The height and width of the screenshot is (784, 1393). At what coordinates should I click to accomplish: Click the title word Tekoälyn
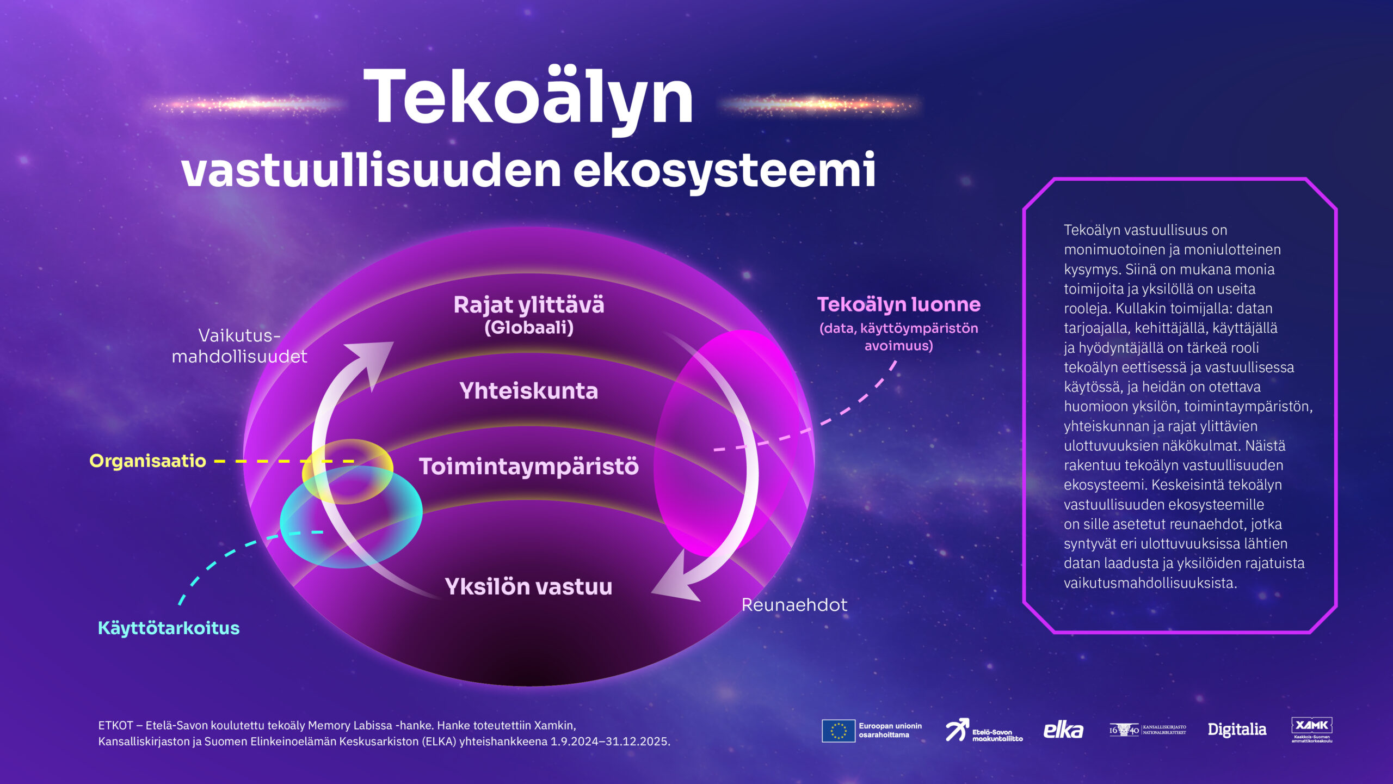(x=528, y=98)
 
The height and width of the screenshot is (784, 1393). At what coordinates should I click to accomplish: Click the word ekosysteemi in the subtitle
(x=724, y=170)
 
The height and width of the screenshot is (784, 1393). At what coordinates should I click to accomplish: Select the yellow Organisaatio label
(x=147, y=461)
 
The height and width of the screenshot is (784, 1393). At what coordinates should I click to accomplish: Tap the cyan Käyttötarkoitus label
(x=169, y=628)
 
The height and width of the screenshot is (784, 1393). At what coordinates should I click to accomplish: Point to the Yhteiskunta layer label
(x=528, y=391)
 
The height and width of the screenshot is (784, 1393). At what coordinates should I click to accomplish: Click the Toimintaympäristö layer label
(x=528, y=467)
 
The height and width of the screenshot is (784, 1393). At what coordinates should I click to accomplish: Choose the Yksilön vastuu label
(x=528, y=586)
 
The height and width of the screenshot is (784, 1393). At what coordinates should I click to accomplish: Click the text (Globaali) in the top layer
(x=528, y=328)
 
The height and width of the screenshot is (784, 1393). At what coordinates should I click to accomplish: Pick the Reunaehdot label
(x=794, y=605)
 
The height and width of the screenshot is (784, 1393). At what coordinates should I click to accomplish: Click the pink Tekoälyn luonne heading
(x=898, y=304)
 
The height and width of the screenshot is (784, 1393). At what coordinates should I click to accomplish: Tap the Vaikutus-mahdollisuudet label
(x=239, y=346)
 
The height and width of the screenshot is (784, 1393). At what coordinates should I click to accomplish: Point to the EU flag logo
(x=838, y=731)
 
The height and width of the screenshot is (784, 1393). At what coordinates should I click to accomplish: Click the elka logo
(x=1063, y=731)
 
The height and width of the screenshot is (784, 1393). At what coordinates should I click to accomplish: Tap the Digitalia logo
(x=1237, y=730)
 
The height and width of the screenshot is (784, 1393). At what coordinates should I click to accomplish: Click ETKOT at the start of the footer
(x=115, y=726)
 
